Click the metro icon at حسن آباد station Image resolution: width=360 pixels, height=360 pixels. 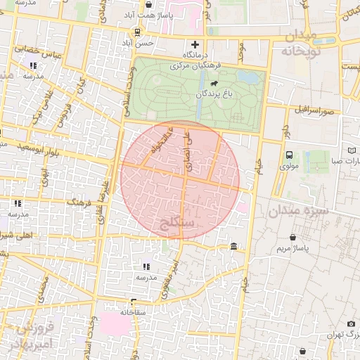tap(136, 32)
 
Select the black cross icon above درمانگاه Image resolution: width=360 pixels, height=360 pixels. tap(195, 44)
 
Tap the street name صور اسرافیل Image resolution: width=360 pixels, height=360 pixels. tap(314, 110)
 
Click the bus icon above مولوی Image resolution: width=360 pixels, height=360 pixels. tap(289, 155)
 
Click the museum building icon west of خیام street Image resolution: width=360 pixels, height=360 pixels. tap(233, 245)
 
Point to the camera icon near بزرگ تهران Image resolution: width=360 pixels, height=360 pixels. tap(351, 324)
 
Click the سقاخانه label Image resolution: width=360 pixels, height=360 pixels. tap(131, 311)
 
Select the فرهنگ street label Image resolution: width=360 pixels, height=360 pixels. tap(79, 202)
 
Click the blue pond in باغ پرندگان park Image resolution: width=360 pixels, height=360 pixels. tap(246, 77)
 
